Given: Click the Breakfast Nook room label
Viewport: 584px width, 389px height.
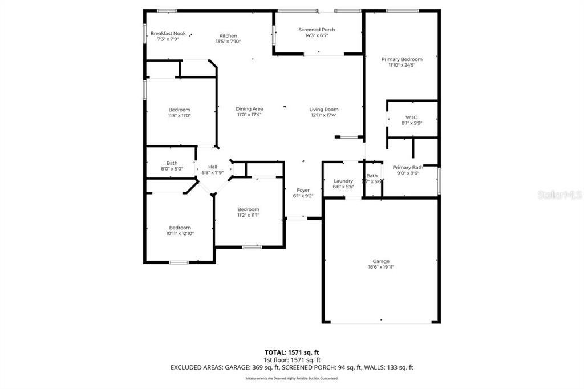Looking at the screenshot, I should click(168, 34).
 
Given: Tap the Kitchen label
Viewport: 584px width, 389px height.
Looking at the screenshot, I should click(228, 36).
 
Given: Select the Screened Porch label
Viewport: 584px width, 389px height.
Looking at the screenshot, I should click(317, 30).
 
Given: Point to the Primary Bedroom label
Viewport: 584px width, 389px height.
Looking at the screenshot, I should click(401, 59).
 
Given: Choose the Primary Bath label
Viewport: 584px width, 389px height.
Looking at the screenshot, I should click(408, 167).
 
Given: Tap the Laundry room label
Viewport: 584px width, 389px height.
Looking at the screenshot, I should click(343, 181).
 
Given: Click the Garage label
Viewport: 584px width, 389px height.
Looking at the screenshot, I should click(382, 261).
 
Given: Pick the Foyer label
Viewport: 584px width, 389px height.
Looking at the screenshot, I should click(303, 190).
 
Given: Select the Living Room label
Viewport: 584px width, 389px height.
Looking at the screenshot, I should click(324, 110).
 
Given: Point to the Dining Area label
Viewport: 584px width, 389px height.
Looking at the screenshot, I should click(249, 109).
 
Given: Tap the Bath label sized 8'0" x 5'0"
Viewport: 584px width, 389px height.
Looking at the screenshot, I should click(172, 163).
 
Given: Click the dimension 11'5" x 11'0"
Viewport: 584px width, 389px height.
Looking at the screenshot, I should click(179, 115).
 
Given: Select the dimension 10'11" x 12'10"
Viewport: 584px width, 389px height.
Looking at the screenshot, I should click(180, 233).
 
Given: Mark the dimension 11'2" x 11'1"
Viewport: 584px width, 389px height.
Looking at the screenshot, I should click(248, 215).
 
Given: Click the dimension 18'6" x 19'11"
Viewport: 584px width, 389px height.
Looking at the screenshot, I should click(382, 266).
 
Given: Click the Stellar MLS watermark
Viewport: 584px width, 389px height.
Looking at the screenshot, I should click(559, 195).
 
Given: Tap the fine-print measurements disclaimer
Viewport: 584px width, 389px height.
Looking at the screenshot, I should click(291, 378).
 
